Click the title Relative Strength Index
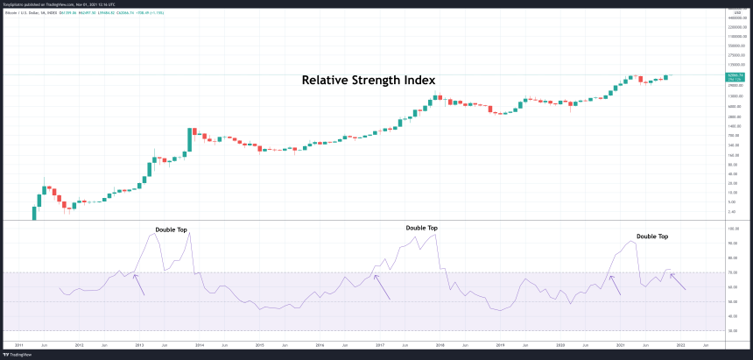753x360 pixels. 369,80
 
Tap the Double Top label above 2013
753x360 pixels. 172,229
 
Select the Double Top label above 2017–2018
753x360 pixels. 422,228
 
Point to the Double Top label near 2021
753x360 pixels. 652,236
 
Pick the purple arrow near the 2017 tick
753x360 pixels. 382,287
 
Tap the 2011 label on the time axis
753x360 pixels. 18,345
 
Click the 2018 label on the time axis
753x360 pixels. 440,345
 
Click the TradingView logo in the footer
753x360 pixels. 15,355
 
